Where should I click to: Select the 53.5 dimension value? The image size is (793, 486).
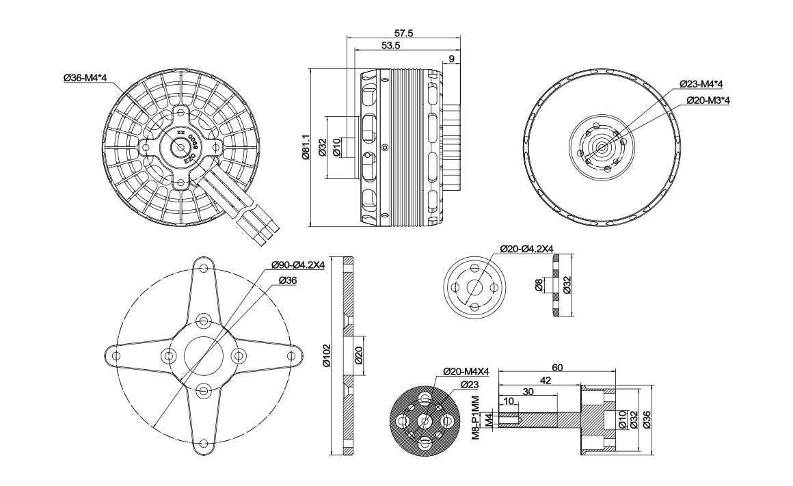[x=391, y=45]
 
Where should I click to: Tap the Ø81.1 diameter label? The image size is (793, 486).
[x=306, y=147]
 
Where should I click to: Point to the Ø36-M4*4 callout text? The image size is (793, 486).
[x=85, y=78]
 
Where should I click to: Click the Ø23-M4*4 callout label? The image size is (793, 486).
[x=701, y=83]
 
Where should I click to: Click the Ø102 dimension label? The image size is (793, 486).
[x=326, y=355]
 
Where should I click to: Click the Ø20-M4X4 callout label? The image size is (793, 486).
[x=466, y=371]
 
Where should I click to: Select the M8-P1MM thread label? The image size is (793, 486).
[x=475, y=418]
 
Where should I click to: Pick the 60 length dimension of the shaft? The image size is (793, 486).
[x=558, y=368]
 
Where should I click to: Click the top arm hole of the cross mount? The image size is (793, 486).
[x=203, y=267]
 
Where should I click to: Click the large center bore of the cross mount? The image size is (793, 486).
[x=203, y=355]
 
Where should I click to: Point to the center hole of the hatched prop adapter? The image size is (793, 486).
[x=425, y=420]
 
